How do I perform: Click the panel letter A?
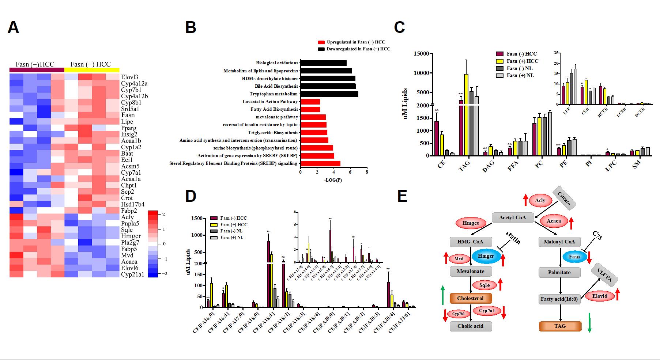[13, 28]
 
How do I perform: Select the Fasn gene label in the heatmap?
[128, 115]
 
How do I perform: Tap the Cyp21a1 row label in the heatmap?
[132, 274]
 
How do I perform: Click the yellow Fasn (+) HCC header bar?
[92, 70]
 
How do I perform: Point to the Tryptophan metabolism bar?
[329, 94]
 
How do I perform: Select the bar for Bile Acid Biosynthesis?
[328, 86]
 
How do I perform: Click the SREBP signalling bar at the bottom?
[320, 163]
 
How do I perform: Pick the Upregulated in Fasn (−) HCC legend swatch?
[321, 42]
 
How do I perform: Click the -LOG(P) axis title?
[333, 180]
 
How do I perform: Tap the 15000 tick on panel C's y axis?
[421, 54]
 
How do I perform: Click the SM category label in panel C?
[637, 165]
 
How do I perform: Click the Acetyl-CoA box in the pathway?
[513, 217]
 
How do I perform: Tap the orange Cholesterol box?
[470, 298]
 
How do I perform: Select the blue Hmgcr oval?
[486, 256]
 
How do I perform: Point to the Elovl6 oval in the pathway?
[600, 296]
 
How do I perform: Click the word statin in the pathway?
[513, 238]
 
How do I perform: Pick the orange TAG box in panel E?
[560, 326]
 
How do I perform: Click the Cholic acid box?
[470, 326]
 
